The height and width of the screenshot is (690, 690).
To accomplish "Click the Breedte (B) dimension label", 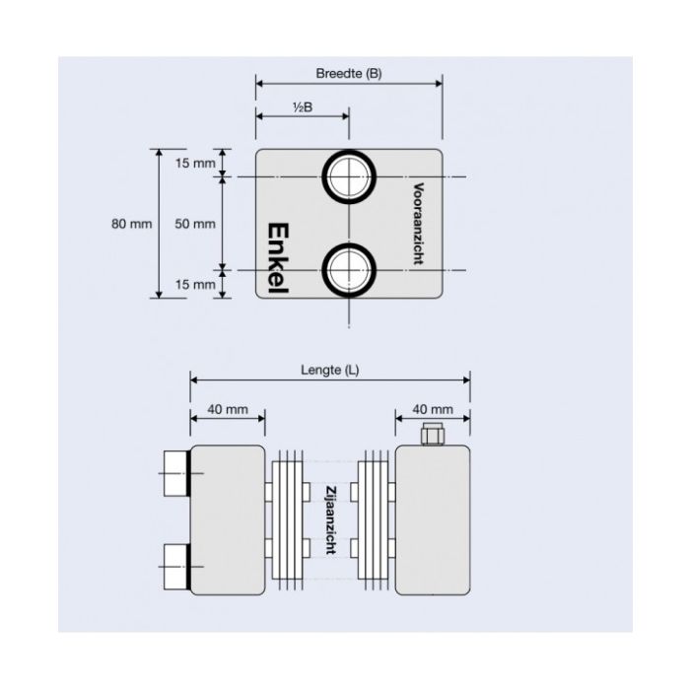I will click(x=348, y=74).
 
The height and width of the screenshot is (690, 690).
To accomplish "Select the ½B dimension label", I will click(x=303, y=107).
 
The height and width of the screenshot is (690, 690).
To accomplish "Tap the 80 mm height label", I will click(x=131, y=224).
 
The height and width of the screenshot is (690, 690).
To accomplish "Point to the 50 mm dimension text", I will click(x=194, y=224).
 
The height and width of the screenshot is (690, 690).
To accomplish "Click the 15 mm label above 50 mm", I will click(x=194, y=163).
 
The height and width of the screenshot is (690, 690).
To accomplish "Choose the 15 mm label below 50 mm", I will click(x=194, y=285).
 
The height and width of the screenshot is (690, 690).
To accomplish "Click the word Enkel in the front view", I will click(x=282, y=256).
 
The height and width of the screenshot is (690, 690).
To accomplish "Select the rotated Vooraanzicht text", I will click(x=418, y=223).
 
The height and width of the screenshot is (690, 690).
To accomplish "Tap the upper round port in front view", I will click(x=349, y=177).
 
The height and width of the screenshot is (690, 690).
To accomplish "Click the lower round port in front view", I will click(x=349, y=268).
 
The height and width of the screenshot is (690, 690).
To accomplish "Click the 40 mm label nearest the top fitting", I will click(x=433, y=408).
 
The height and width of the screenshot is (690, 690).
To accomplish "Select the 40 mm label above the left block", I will click(x=227, y=408).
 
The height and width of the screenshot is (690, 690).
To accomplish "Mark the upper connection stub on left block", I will click(x=175, y=473).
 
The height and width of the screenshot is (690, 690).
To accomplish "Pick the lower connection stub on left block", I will click(x=175, y=566).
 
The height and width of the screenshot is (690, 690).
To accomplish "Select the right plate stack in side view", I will click(x=374, y=519).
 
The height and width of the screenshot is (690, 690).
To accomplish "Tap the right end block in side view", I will click(x=433, y=519).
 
